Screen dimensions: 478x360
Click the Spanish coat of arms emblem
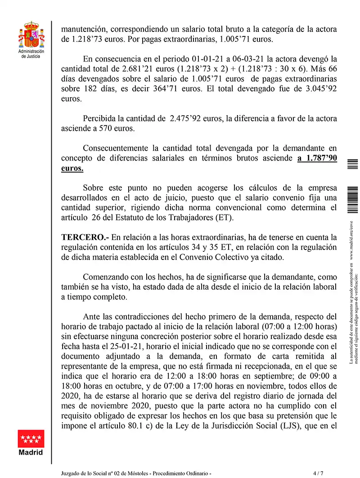[31, 36]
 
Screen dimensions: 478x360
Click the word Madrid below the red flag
[31, 452]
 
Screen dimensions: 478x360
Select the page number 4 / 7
[318, 473]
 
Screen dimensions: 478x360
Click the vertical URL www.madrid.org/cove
[352, 242]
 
